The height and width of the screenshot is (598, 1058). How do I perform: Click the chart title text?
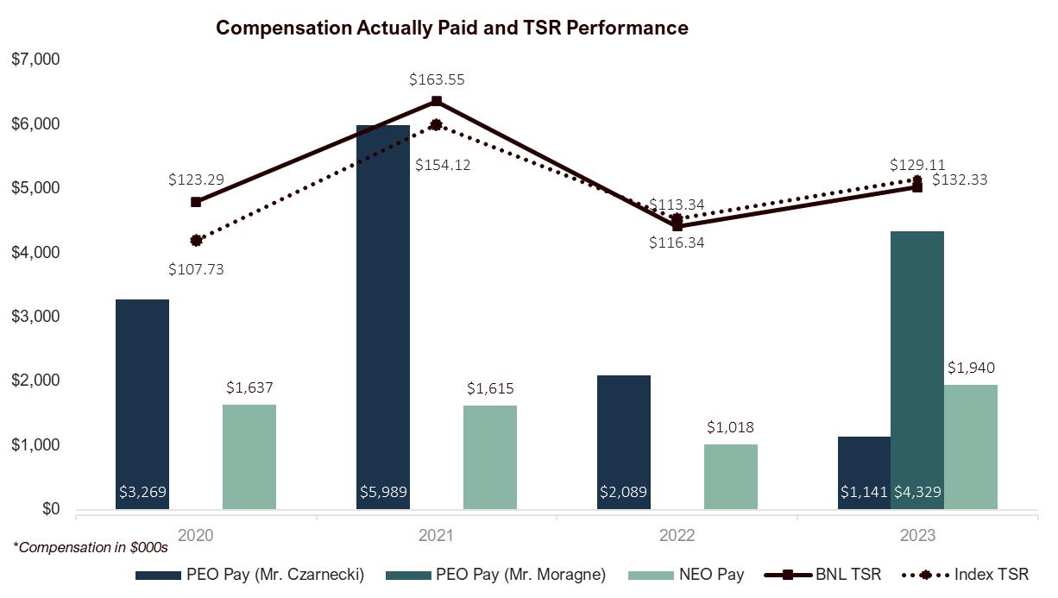451,28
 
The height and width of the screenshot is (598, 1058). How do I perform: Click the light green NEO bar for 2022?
730,476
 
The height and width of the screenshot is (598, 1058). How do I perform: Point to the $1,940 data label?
971,368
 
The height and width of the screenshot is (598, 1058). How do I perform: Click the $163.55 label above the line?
437,79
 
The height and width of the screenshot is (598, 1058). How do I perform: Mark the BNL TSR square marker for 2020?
196,202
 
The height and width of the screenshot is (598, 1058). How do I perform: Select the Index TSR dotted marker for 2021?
437,124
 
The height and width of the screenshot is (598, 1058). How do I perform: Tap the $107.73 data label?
196,269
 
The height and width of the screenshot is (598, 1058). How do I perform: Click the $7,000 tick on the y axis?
35,60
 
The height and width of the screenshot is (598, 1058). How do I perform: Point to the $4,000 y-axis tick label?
35,253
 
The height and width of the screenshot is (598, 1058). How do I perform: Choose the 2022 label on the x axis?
677,536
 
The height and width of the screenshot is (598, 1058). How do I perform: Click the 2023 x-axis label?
917,536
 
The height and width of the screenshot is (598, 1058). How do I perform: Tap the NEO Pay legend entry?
712,575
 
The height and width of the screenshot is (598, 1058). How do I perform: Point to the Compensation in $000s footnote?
90,546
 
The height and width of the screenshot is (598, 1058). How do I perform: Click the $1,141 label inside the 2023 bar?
864,493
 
